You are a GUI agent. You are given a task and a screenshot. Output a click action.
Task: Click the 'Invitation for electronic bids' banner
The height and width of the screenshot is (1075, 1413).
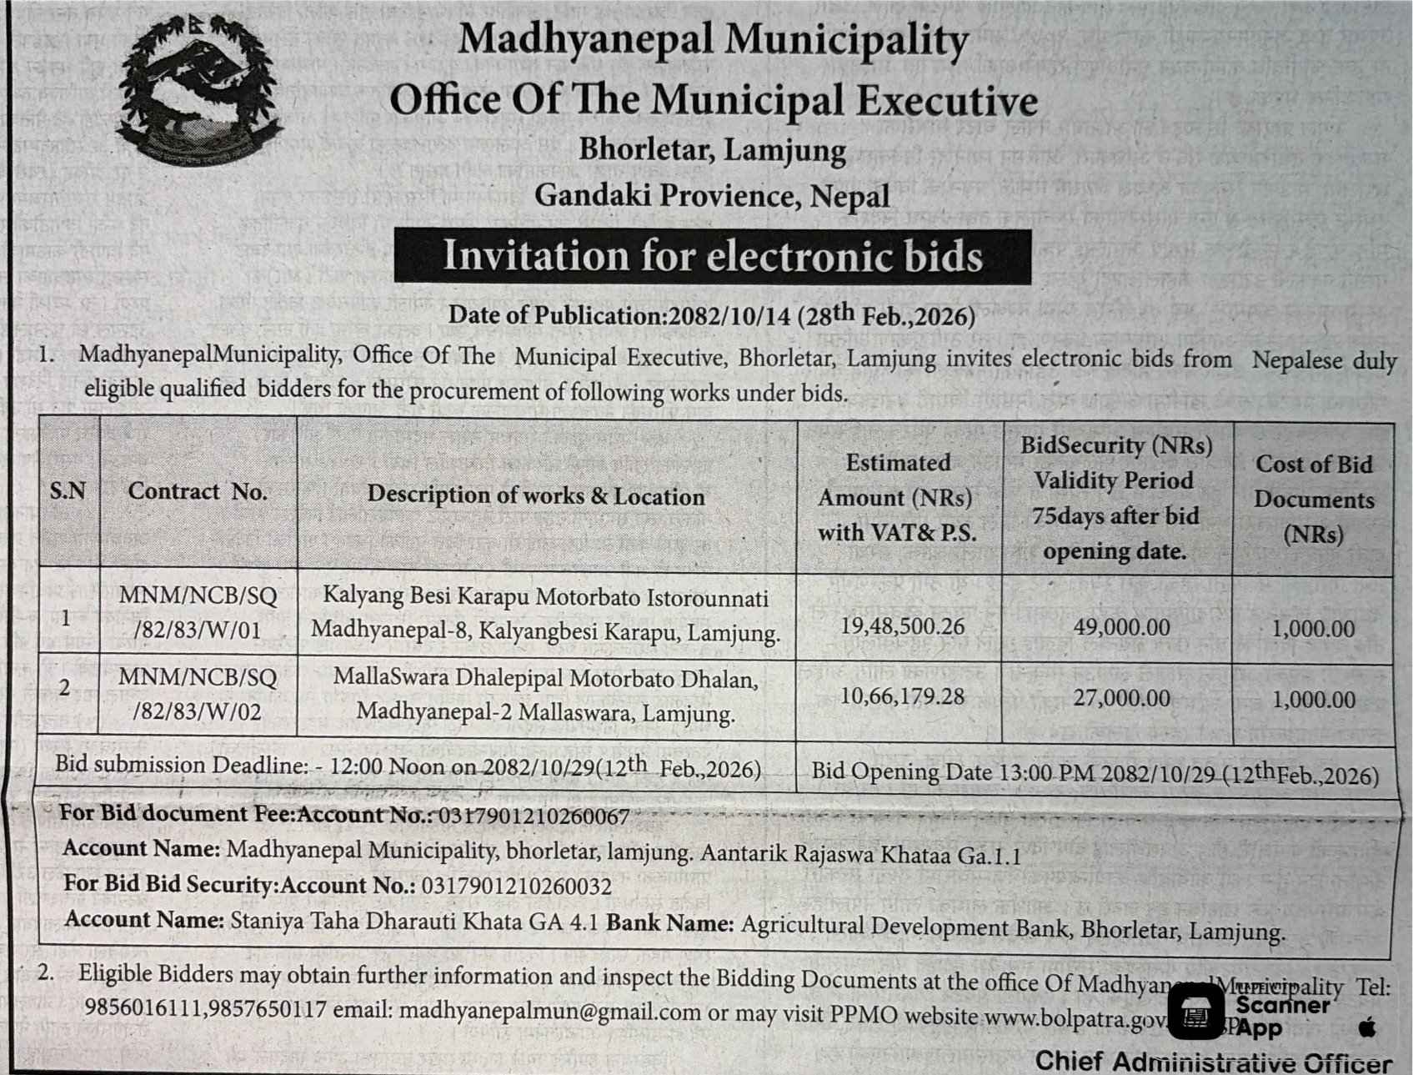(x=712, y=256)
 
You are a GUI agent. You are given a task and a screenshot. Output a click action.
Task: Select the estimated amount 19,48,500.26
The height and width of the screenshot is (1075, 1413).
(x=902, y=626)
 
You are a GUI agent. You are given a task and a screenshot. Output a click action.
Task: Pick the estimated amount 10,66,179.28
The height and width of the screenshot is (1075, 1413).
(x=902, y=696)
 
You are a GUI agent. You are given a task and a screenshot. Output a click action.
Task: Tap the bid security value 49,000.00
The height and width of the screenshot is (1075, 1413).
(x=1121, y=627)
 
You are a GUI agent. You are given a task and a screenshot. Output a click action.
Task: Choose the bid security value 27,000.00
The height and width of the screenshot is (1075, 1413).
(x=1121, y=698)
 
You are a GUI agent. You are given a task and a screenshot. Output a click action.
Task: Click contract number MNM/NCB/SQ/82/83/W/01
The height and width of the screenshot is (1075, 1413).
(x=198, y=613)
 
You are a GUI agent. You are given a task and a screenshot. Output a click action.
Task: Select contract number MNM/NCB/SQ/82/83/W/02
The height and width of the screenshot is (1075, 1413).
(x=198, y=694)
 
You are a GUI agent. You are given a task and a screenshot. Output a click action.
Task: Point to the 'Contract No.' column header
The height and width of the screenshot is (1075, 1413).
(x=198, y=492)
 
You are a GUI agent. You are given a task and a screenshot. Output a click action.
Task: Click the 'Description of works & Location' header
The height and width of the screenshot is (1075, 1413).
(x=536, y=495)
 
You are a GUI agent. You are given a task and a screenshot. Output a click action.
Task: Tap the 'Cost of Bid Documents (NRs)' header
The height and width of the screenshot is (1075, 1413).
(x=1314, y=499)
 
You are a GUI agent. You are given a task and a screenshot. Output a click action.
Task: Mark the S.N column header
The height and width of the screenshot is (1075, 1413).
(x=68, y=490)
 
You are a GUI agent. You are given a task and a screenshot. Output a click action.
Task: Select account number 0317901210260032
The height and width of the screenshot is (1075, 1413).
(x=517, y=886)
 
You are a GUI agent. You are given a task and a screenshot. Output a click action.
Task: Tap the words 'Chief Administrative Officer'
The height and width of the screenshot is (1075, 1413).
(x=1213, y=1062)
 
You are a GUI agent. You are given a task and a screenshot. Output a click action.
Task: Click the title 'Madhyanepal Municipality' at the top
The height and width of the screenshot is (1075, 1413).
(x=713, y=39)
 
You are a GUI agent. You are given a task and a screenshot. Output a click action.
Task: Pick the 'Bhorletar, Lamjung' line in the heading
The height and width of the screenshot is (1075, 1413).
(x=712, y=150)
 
